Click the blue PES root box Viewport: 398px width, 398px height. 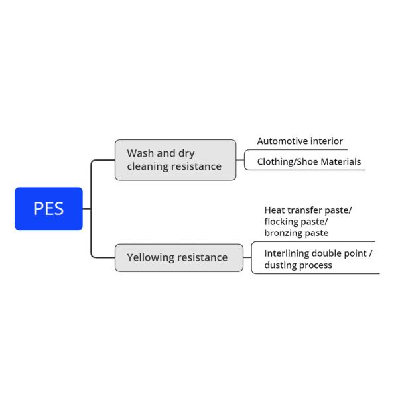click(48, 209)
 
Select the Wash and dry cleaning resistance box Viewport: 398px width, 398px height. click(175, 160)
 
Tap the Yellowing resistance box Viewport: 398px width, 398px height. click(179, 257)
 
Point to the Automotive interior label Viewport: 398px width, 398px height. click(300, 141)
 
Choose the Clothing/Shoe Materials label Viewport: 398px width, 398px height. click(309, 162)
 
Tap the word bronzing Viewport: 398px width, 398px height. click(283, 233)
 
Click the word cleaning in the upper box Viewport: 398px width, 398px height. click(147, 166)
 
